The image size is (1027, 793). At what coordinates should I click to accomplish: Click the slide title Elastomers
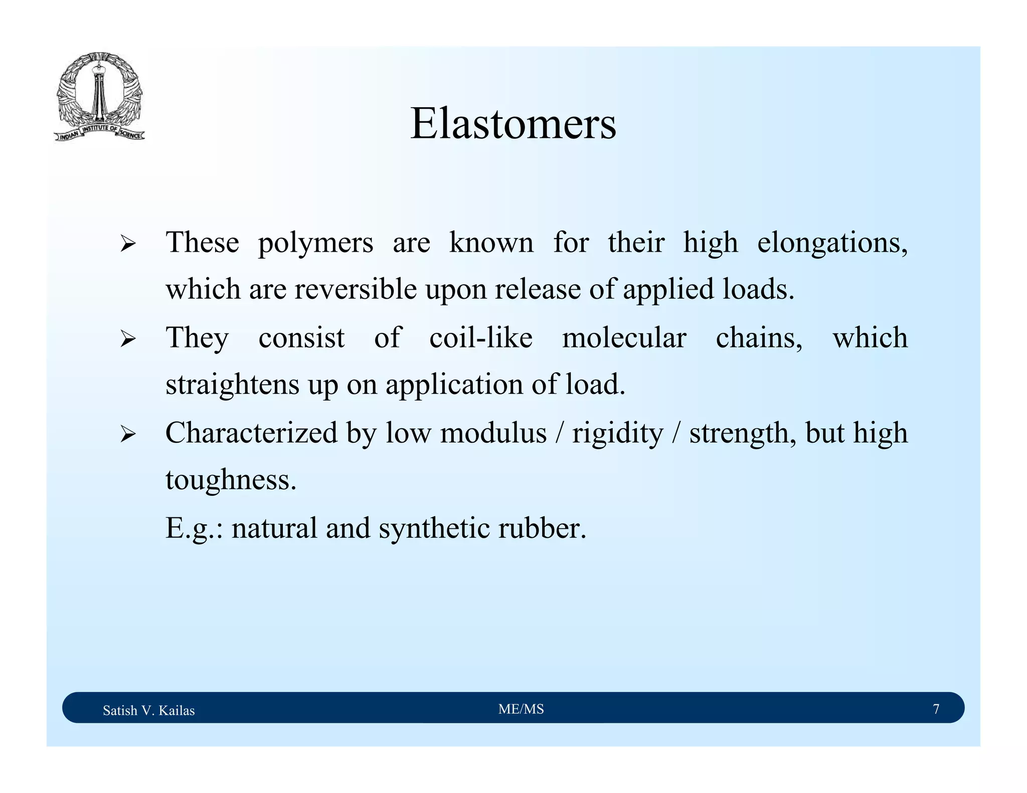[513, 124]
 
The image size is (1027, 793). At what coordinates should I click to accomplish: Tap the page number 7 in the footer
[936, 709]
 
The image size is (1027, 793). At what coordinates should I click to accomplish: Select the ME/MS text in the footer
[521, 709]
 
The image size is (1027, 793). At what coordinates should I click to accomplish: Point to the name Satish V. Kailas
[148, 710]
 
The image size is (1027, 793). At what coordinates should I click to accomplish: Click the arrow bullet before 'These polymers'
[128, 245]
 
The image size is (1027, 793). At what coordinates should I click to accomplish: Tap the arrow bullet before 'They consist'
[128, 340]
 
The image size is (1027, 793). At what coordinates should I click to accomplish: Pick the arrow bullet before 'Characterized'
[128, 435]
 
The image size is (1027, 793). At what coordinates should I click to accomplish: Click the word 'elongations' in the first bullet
[832, 244]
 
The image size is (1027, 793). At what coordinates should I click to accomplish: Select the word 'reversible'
[356, 290]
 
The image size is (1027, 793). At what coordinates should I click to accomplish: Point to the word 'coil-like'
[481, 337]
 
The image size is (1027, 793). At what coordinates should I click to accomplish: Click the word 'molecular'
[624, 337]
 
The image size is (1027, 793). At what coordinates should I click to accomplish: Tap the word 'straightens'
[232, 385]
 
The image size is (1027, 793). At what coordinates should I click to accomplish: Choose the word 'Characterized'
[251, 433]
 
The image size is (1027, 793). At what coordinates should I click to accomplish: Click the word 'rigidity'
[617, 434]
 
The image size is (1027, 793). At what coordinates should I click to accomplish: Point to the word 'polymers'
[315, 244]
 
